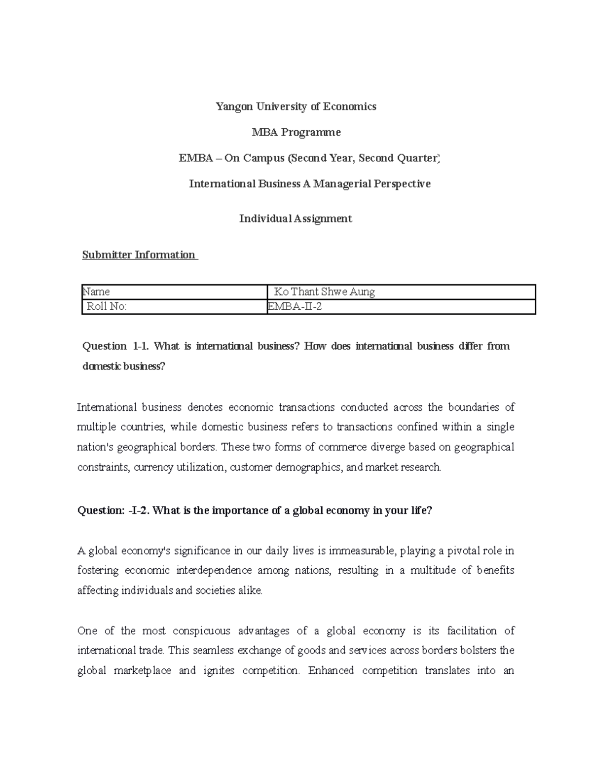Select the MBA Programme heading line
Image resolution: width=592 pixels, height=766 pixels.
296,132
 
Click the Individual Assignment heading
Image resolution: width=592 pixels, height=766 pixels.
296,219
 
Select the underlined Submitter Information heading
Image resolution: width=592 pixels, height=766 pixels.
139,255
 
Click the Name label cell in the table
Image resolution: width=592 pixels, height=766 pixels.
174,292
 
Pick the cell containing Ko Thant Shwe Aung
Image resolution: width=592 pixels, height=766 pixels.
400,292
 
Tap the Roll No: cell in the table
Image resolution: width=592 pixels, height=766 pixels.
174,307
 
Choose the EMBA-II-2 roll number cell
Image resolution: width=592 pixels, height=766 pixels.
400,307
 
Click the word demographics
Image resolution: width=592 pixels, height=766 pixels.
308,467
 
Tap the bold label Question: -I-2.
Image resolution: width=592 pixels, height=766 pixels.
113,511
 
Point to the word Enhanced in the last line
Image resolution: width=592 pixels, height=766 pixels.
331,671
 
